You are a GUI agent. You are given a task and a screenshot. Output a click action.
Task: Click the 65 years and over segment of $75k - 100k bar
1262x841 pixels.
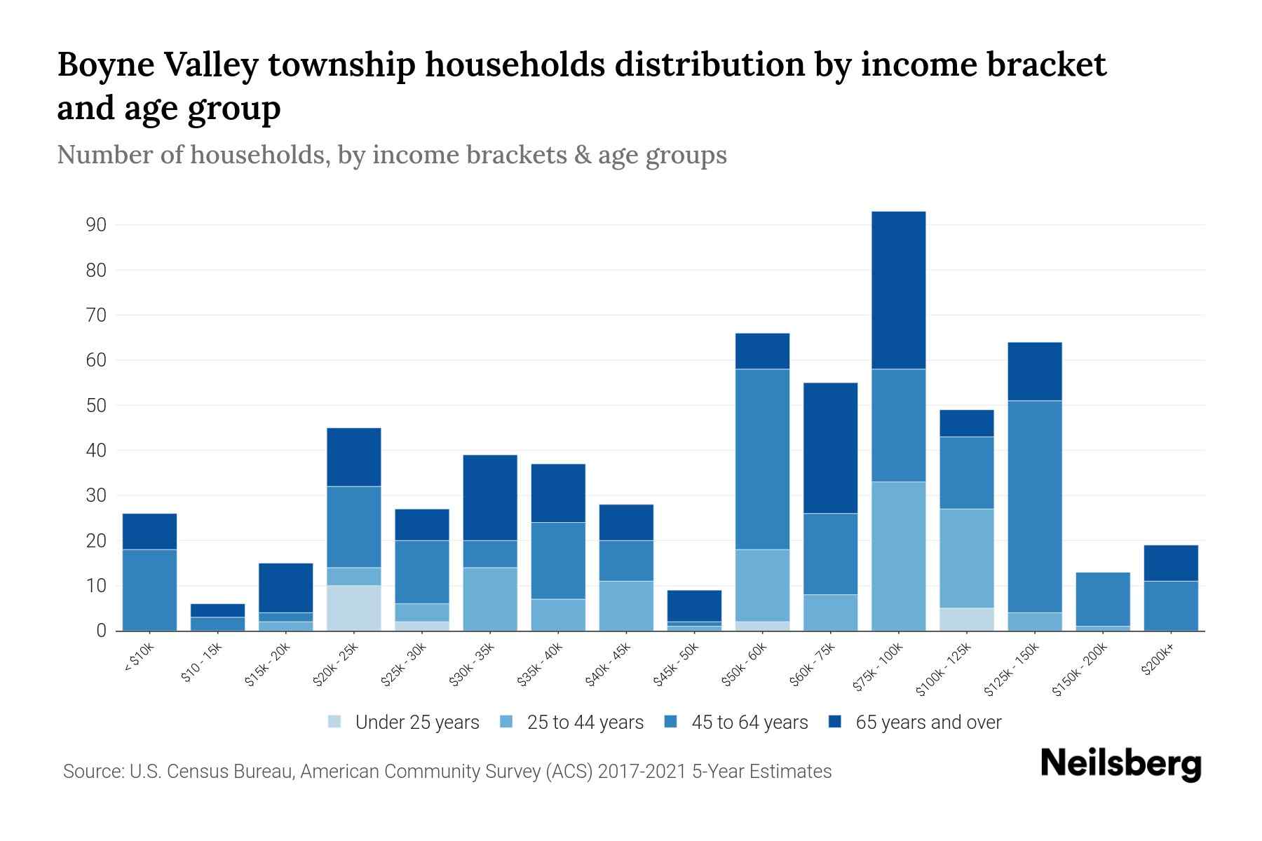click(898, 290)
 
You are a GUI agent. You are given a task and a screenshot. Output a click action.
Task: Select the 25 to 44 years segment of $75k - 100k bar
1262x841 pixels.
click(898, 556)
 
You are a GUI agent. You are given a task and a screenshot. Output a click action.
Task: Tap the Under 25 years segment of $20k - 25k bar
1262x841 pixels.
click(353, 608)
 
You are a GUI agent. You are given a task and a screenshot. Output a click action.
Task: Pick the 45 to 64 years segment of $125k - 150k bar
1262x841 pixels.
click(1034, 506)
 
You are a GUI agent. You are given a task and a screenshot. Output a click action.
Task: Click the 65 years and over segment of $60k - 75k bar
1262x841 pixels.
click(830, 448)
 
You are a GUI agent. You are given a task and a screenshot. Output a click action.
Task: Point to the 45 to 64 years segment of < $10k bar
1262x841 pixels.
click(149, 589)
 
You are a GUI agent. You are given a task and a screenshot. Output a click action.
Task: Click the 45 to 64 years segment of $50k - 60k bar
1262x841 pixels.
click(762, 459)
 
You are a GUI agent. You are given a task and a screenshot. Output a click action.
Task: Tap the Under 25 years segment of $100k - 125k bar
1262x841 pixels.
click(966, 619)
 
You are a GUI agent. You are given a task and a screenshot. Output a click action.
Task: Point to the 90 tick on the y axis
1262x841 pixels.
click(96, 225)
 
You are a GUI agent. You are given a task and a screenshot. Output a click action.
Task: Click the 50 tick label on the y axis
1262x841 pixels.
click(96, 406)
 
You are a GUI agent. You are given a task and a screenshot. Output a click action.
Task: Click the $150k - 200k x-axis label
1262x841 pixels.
click(1080, 670)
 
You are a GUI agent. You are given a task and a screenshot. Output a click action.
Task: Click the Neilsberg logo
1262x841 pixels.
click(1120, 765)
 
